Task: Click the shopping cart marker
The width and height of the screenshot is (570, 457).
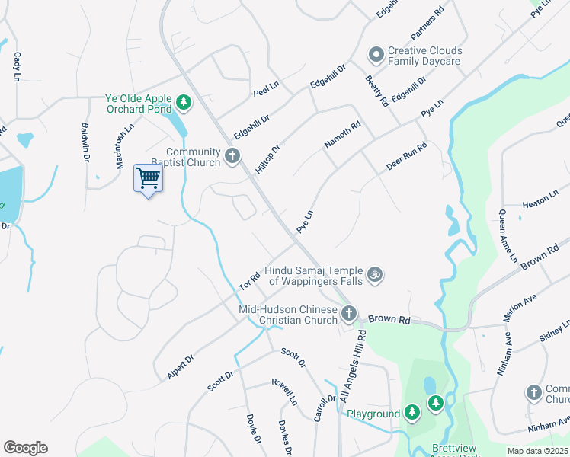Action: click(x=148, y=179)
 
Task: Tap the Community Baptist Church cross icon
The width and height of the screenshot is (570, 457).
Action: click(x=233, y=158)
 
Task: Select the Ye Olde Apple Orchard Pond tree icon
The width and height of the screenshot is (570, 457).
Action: click(x=183, y=101)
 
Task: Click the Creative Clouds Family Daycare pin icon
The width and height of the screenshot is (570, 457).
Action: click(x=375, y=55)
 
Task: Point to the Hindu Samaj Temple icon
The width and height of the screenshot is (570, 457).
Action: click(x=374, y=273)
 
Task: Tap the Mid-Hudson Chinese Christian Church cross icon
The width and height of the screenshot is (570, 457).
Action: click(x=349, y=313)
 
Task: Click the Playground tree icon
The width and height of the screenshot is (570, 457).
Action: click(x=412, y=413)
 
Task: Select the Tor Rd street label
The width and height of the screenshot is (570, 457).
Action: click(x=250, y=280)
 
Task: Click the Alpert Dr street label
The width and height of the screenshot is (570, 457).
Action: click(x=181, y=366)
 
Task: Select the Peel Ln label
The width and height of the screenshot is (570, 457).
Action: click(x=266, y=89)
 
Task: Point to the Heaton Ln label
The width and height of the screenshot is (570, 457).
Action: click(x=541, y=204)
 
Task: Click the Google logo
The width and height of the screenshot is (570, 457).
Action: click(x=25, y=448)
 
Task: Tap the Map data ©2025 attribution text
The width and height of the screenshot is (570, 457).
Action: click(x=538, y=451)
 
